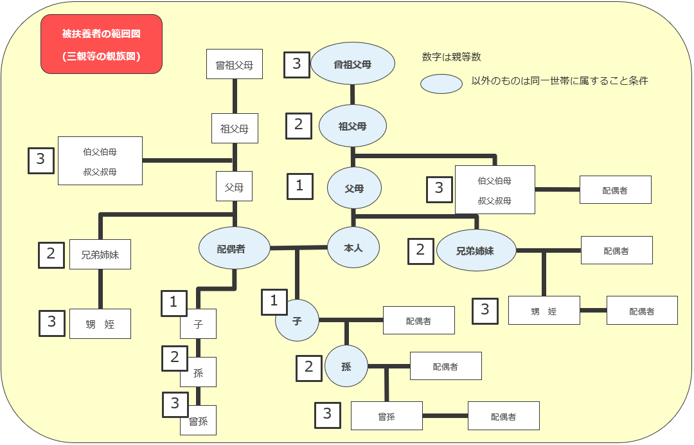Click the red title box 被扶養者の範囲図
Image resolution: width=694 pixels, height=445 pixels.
click(x=102, y=44)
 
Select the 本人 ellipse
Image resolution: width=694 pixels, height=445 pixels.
click(x=353, y=248)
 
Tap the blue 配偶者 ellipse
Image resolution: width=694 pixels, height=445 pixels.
click(x=234, y=248)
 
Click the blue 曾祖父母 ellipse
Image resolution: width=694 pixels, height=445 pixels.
click(x=353, y=64)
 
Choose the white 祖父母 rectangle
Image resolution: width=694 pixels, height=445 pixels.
click(x=235, y=129)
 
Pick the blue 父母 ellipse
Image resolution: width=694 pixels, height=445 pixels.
click(x=354, y=188)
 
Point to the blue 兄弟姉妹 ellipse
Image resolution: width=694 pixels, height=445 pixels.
click(x=476, y=250)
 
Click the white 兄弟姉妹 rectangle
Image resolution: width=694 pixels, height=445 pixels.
click(x=100, y=254)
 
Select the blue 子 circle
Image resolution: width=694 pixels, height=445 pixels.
click(x=297, y=321)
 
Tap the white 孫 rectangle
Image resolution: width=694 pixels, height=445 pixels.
click(x=199, y=372)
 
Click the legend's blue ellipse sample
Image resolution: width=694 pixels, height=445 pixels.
click(x=441, y=84)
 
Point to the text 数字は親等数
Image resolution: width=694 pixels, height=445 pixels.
click(x=452, y=57)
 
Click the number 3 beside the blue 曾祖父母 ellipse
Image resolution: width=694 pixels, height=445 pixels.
click(x=297, y=65)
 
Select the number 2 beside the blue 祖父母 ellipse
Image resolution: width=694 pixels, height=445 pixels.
click(x=299, y=126)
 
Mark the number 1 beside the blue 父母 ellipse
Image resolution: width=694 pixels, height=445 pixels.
click(x=300, y=186)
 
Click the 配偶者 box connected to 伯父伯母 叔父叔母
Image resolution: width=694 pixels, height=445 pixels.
click(x=615, y=190)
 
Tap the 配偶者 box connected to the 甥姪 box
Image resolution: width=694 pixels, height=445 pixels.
click(x=642, y=311)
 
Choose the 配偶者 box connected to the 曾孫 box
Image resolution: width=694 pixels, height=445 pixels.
click(x=504, y=416)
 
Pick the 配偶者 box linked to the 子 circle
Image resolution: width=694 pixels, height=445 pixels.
click(x=419, y=320)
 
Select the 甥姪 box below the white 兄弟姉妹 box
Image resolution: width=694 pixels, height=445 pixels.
click(x=100, y=323)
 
